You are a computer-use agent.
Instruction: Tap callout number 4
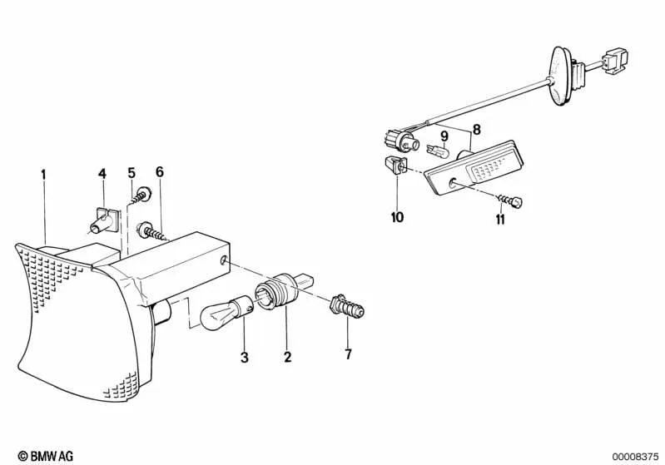coord(102,174)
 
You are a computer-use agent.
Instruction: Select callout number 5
coord(132,173)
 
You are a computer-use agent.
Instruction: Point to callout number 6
coord(160,172)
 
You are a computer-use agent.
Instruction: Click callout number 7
coord(348,355)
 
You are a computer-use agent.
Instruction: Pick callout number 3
coord(244,359)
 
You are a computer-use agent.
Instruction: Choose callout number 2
coord(288,359)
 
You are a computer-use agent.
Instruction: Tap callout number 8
coord(476,129)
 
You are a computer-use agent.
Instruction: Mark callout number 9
coord(444,136)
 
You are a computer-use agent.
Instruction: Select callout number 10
coord(396,218)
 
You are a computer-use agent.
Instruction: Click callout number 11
coord(499,220)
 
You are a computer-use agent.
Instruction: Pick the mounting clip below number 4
coord(102,218)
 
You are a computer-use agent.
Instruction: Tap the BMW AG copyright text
coord(39,455)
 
